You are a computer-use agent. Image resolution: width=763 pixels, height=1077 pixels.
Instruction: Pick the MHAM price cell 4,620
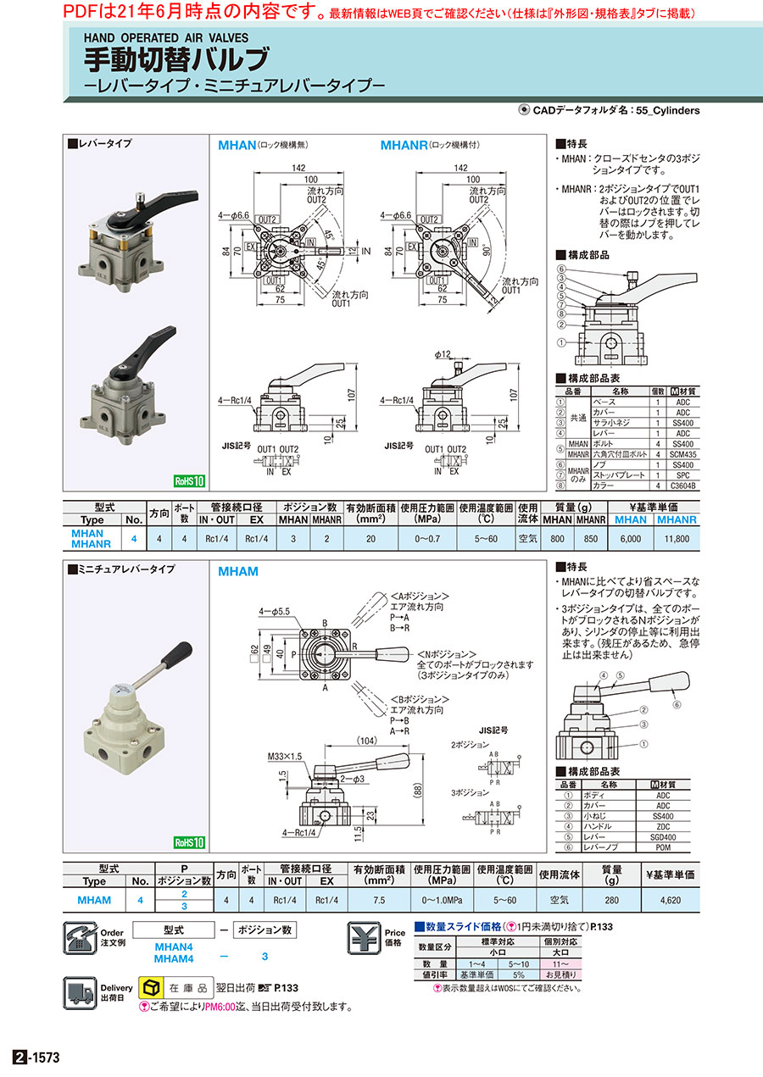[x=671, y=900]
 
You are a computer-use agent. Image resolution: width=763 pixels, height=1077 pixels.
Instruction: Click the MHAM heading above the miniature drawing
[x=238, y=571]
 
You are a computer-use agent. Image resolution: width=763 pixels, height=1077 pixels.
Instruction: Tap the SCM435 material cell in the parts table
[x=686, y=454]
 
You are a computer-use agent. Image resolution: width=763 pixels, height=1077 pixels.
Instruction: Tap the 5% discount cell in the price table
[x=518, y=974]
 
